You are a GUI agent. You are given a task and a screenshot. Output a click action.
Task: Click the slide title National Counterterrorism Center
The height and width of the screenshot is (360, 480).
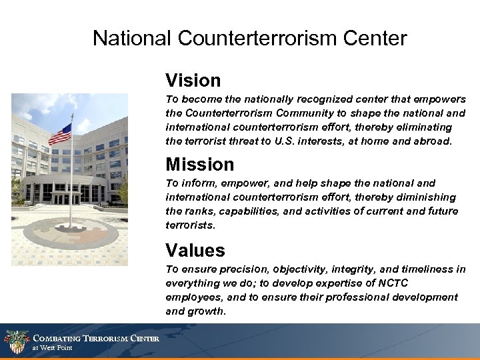tap(249, 38)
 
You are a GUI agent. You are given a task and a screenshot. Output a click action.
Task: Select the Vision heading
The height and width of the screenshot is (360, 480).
tap(193, 81)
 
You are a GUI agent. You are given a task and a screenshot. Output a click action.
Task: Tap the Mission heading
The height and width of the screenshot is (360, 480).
tap(199, 164)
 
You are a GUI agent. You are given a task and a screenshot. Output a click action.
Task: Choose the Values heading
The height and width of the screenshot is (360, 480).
tap(195, 251)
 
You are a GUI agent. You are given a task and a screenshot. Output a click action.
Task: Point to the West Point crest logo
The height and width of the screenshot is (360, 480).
tap(16, 342)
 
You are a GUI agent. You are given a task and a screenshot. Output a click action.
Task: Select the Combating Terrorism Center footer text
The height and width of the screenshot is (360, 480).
tap(96, 339)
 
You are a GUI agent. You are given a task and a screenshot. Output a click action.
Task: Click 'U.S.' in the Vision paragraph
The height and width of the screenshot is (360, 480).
tap(293, 141)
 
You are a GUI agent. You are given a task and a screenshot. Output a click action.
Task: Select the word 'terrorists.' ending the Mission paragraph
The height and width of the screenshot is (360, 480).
tap(191, 226)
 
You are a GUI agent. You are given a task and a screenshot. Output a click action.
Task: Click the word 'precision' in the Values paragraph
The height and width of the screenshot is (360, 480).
tap(229, 269)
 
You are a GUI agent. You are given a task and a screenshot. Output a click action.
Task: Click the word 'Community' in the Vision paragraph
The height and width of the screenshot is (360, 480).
tap(306, 113)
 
